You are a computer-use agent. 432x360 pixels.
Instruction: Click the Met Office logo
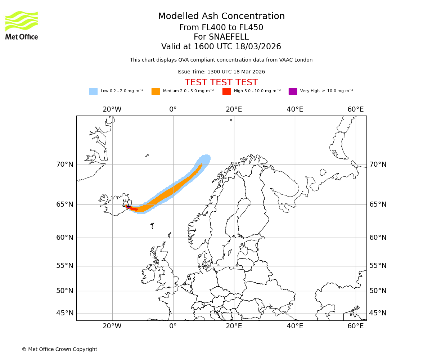(x=22, y=25)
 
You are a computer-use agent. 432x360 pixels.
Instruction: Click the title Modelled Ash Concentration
(x=221, y=17)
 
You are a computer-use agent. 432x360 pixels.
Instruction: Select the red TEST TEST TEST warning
(x=221, y=82)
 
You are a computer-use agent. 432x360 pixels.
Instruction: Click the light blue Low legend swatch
(x=93, y=91)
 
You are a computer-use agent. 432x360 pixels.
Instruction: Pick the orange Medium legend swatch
(x=156, y=91)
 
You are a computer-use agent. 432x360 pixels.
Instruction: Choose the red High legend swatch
(x=226, y=91)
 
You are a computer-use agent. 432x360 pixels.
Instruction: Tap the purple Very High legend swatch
(x=293, y=91)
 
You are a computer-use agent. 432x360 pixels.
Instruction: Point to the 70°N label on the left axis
(x=65, y=165)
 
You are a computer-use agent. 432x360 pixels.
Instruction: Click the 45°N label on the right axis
(x=378, y=313)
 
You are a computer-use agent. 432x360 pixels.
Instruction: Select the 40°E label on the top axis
(x=295, y=109)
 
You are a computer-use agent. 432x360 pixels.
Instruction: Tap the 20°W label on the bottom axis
(x=112, y=326)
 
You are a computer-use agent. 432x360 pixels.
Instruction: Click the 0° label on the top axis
(x=173, y=109)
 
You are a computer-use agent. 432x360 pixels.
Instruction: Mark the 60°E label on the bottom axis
(x=356, y=326)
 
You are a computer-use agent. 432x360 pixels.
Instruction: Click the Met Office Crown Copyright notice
(x=59, y=349)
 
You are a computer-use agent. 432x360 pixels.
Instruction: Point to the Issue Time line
(x=221, y=72)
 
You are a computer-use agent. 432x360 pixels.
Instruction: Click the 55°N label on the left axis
(x=65, y=266)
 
